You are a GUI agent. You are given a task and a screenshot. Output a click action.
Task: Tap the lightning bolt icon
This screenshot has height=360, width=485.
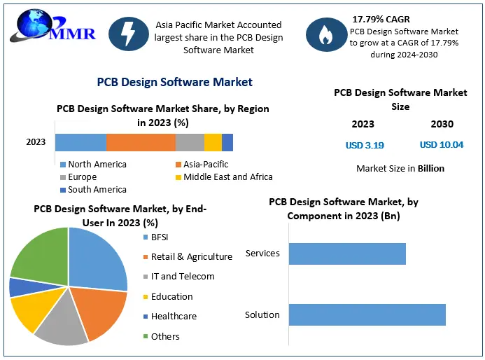click(x=128, y=36)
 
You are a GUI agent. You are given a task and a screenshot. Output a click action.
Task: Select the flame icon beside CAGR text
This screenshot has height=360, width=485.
click(x=325, y=36)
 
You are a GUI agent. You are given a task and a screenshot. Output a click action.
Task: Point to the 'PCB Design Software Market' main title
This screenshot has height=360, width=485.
click(x=174, y=82)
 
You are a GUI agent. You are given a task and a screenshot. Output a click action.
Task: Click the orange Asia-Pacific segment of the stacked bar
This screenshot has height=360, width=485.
click(x=141, y=142)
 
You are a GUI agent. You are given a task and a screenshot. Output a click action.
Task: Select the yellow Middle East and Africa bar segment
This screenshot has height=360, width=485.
click(x=213, y=142)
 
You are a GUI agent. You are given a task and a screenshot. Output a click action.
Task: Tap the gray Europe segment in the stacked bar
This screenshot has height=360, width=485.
click(x=190, y=142)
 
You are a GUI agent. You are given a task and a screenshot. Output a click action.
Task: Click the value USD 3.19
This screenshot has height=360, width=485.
click(x=365, y=146)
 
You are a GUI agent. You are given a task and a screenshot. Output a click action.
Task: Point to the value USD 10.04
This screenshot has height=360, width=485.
click(x=442, y=145)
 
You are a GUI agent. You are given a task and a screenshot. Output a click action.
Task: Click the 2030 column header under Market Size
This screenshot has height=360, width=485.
click(x=442, y=124)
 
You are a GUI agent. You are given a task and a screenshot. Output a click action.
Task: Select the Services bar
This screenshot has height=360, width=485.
click(x=347, y=254)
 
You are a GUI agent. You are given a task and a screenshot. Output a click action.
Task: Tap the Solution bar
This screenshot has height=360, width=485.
click(x=367, y=314)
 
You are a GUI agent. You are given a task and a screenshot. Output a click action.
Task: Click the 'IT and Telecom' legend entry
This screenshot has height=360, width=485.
click(x=183, y=277)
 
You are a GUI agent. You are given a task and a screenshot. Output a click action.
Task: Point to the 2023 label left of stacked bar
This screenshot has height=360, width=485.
click(x=36, y=142)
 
